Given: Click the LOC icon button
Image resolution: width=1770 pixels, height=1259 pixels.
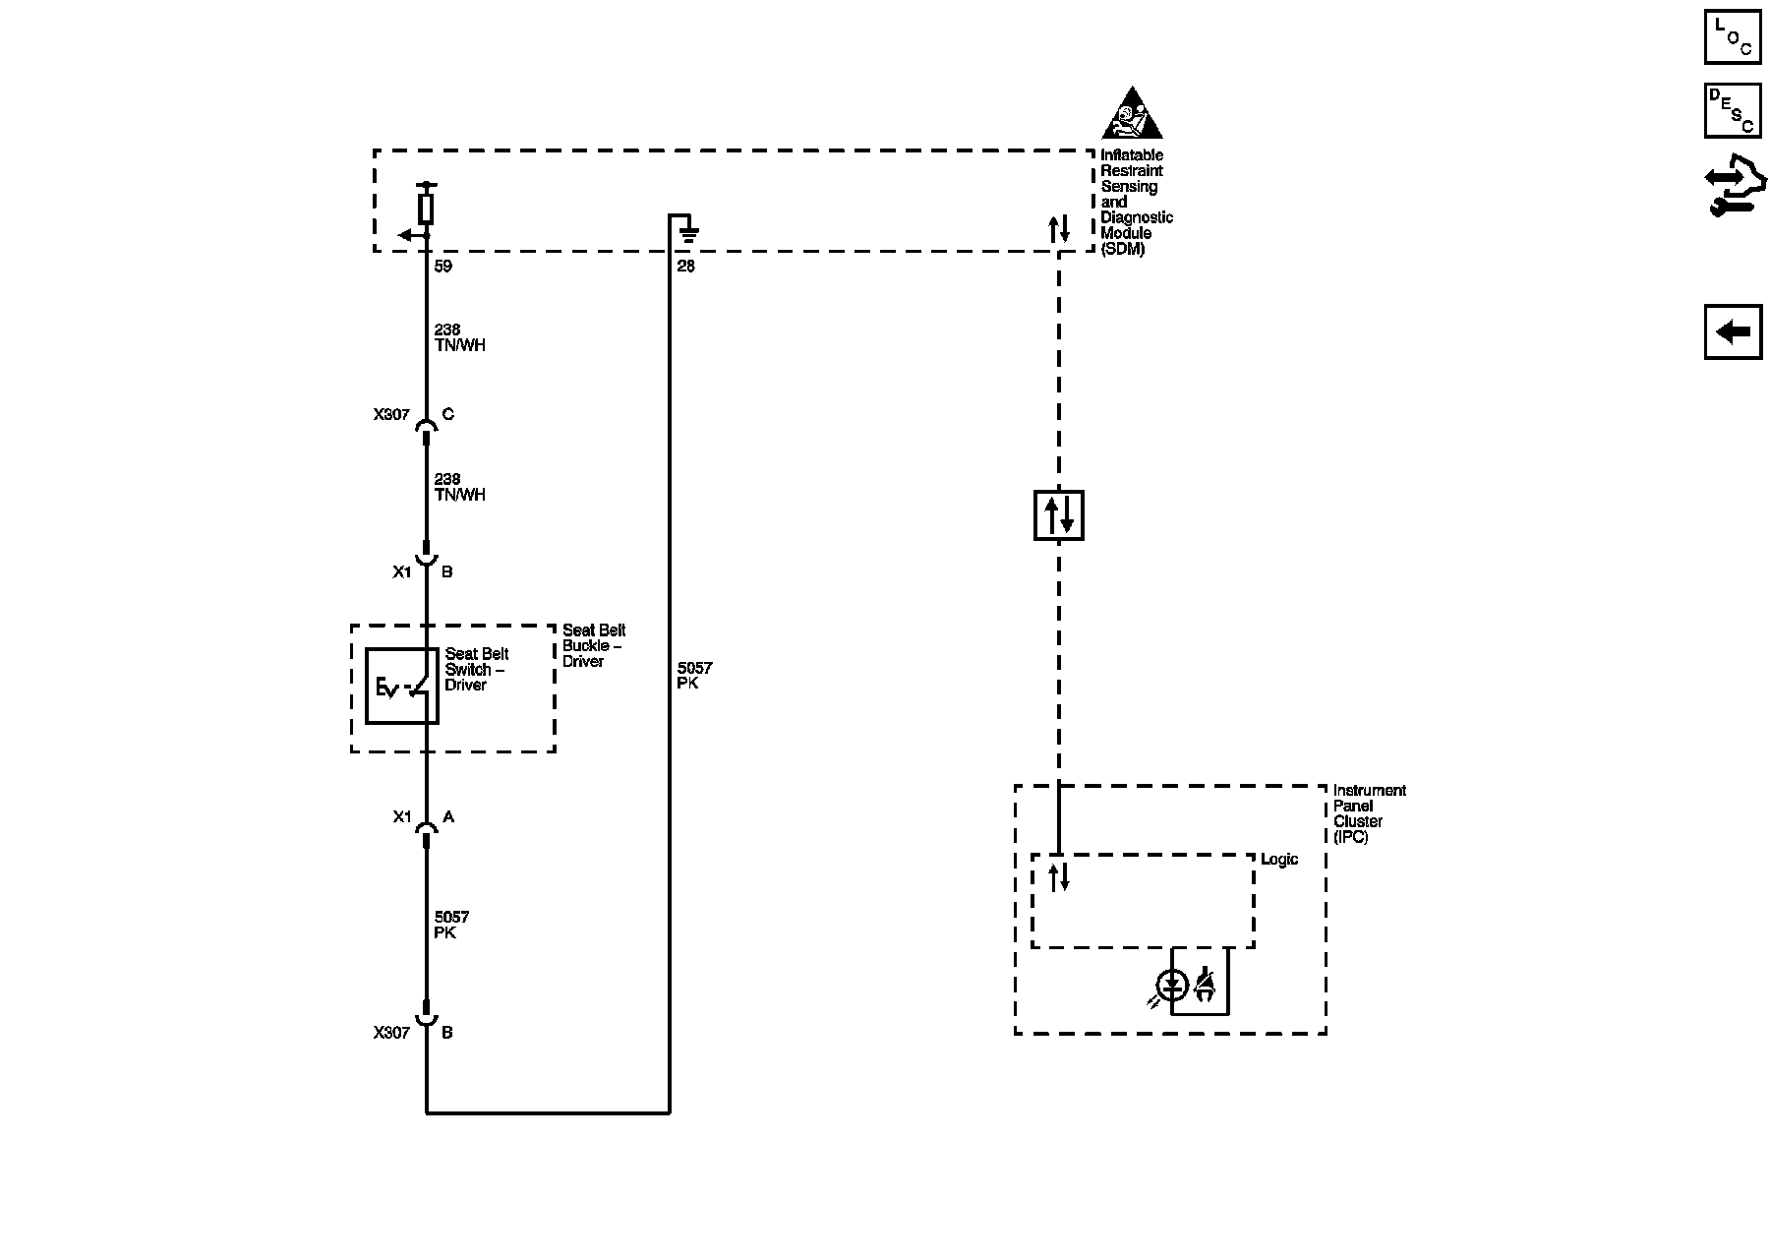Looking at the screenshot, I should pyautogui.click(x=1733, y=36).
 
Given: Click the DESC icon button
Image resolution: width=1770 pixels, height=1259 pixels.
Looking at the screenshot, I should pyautogui.click(x=1733, y=110).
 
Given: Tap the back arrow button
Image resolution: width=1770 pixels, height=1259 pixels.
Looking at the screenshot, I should pyautogui.click(x=1733, y=332).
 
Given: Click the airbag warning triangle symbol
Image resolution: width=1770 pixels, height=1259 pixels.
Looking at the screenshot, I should pyautogui.click(x=1132, y=115).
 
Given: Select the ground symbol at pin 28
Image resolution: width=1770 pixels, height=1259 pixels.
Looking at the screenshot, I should pyautogui.click(x=688, y=234).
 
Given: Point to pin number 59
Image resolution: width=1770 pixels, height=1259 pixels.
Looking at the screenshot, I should pyautogui.click(x=442, y=267).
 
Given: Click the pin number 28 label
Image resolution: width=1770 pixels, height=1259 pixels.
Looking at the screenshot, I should pyautogui.click(x=685, y=267).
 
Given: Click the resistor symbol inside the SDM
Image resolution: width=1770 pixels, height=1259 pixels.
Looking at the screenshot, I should pyautogui.click(x=426, y=208).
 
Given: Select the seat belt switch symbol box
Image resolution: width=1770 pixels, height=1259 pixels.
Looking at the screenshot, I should pyautogui.click(x=402, y=687).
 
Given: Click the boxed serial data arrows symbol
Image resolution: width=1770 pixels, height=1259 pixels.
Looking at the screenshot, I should pyautogui.click(x=1059, y=515).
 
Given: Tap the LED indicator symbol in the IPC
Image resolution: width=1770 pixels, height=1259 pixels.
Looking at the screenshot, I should pyautogui.click(x=1172, y=985).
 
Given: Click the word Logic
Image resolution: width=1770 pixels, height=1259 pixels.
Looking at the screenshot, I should pyautogui.click(x=1279, y=860).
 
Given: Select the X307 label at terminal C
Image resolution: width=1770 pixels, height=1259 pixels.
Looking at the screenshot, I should pyautogui.click(x=391, y=415).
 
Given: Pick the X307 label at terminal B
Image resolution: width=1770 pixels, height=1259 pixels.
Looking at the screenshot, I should pyautogui.click(x=391, y=1033).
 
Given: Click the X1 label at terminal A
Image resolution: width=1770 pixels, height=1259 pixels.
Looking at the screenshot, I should pyautogui.click(x=402, y=816).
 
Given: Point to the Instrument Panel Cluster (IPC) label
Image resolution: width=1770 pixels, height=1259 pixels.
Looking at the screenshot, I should pyautogui.click(x=1369, y=813).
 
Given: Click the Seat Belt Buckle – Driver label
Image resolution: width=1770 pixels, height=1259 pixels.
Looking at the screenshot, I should pyautogui.click(x=593, y=645).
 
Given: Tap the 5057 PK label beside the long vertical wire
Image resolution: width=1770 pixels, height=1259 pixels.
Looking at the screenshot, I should pyautogui.click(x=694, y=675).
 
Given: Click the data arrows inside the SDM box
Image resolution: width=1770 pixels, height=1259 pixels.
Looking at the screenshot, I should pyautogui.click(x=1059, y=229).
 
